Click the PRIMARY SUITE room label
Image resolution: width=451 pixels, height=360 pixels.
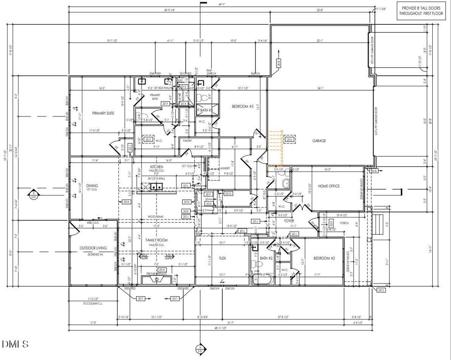click(103, 113)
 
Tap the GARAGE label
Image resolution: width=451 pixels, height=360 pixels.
click(319, 141)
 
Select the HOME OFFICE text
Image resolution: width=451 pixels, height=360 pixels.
click(329, 186)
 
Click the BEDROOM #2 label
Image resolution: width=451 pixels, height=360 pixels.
click(324, 258)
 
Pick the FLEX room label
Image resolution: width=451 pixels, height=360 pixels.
click(222, 258)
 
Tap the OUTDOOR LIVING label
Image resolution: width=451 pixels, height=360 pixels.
click(93, 248)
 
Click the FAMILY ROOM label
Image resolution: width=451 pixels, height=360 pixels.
click(156, 240)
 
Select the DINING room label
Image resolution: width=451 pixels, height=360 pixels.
click(92, 186)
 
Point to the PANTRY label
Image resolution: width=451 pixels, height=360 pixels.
click(187, 141)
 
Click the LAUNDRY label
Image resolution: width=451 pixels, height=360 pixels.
click(224, 168)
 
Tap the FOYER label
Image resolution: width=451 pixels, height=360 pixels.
click(289, 221)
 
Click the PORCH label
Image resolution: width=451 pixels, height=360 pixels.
click(344, 223)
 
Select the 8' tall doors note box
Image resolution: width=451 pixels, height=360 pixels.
click(421, 10)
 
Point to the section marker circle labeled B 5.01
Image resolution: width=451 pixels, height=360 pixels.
click(33, 195)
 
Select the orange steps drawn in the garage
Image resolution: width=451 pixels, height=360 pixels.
click(275, 148)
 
